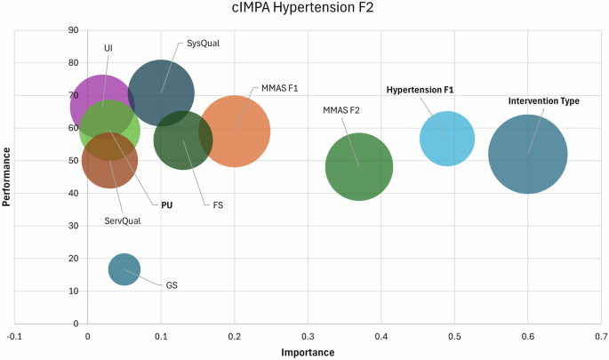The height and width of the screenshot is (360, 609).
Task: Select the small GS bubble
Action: point(124,269)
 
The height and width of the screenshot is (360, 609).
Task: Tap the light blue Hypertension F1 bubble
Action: point(447,139)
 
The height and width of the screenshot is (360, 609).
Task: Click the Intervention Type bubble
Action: point(528,154)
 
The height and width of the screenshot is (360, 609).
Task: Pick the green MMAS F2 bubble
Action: point(359,166)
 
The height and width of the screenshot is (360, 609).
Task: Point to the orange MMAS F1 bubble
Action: point(235,131)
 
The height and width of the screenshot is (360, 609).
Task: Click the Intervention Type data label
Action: point(543,101)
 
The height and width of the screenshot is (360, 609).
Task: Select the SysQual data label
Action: point(204,43)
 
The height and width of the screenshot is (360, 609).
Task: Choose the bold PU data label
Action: point(166,205)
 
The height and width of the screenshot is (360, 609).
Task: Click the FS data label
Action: point(218,205)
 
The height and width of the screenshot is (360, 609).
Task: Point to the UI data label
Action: point(108,48)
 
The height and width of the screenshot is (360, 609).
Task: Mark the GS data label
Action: point(172,286)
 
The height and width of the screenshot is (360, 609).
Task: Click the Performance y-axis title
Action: point(7,177)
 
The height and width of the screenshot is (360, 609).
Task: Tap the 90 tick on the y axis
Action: point(73,31)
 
